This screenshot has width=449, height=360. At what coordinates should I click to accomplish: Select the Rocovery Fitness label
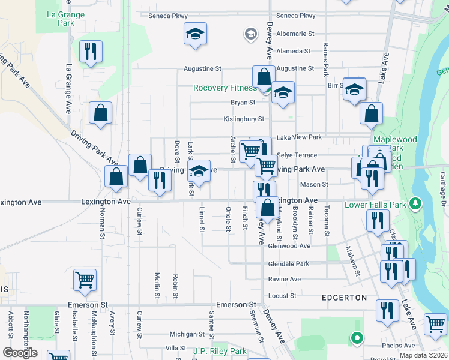[224, 88]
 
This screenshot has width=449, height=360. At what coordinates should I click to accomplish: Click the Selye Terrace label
[297, 155]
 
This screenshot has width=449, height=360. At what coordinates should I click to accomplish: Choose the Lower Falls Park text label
[376, 205]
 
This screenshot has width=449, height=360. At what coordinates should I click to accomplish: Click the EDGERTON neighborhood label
[344, 298]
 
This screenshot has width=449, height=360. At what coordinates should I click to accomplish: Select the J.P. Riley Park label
[220, 351]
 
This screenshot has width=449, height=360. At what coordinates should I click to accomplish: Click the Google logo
[20, 353]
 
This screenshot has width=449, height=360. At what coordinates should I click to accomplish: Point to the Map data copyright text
[424, 355]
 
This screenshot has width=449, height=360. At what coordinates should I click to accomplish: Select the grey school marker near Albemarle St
[250, 34]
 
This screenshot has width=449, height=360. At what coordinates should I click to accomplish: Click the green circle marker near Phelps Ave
[357, 338]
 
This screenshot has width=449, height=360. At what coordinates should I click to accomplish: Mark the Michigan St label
[183, 334]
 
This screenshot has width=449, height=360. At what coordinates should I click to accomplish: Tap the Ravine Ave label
[285, 280]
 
